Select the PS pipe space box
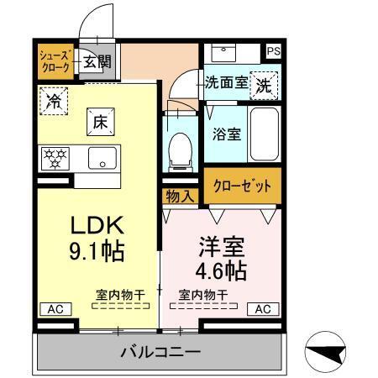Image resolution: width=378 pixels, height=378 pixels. tap(273, 51)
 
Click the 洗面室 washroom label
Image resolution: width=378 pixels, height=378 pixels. tap(227, 83)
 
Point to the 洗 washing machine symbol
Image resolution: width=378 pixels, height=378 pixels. tap(264, 85)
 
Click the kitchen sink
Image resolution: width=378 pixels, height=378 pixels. tap(103, 157)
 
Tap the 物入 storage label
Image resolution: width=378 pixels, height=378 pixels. tap(179, 196)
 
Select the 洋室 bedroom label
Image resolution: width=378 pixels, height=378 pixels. tap(222, 249)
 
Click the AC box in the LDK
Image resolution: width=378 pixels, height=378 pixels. tap(53, 308)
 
